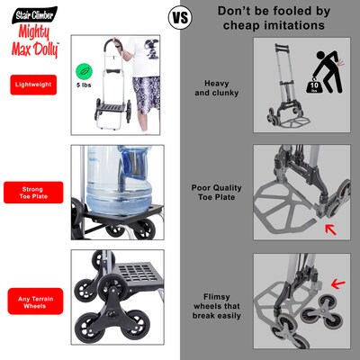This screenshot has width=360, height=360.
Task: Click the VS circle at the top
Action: point(181,18)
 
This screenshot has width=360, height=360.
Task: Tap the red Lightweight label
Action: point(32,85)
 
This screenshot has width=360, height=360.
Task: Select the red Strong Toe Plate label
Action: point(32,193)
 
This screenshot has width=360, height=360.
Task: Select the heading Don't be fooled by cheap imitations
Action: point(271,18)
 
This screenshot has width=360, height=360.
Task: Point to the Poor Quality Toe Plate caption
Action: point(216,193)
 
